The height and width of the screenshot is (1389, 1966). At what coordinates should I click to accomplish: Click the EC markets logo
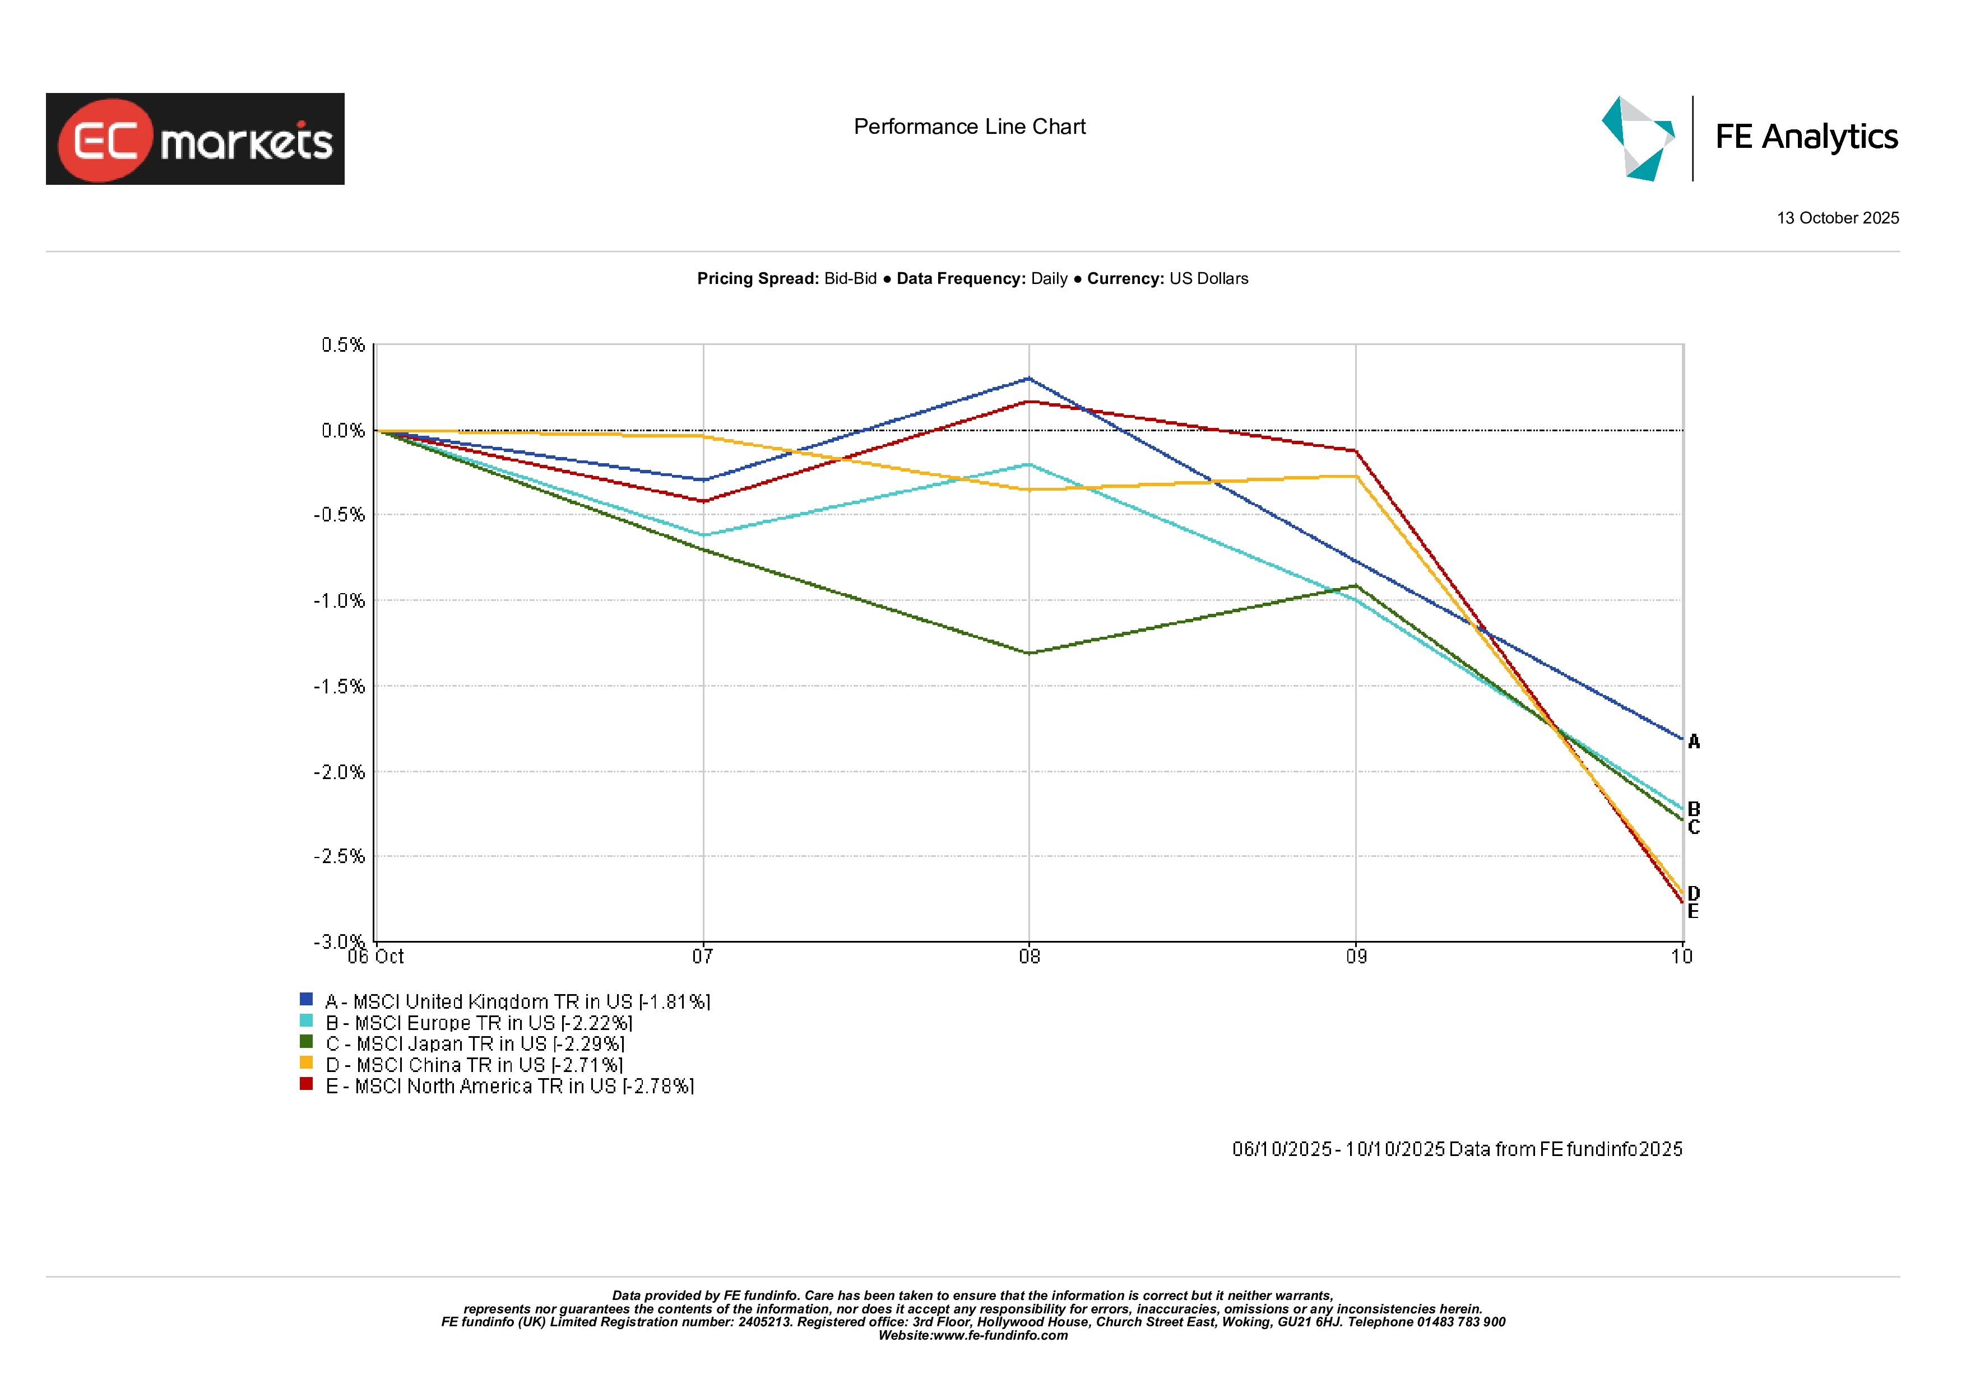pos(195,139)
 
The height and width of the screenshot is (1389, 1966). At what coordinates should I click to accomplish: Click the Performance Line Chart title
pos(970,127)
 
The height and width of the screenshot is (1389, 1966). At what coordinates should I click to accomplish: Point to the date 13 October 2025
pos(1838,218)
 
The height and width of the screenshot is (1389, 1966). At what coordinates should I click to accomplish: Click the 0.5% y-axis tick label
pos(342,345)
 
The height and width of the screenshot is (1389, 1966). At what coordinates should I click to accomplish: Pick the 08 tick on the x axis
pos(1030,957)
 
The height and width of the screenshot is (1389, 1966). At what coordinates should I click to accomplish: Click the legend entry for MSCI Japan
pos(475,1044)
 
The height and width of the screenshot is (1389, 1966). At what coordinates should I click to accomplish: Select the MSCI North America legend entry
pos(509,1086)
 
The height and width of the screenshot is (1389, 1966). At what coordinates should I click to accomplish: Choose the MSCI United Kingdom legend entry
pos(517,1001)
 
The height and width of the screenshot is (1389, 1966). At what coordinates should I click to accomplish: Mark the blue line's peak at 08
pos(1030,378)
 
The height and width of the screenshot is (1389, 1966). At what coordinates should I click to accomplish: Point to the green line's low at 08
pos(1030,653)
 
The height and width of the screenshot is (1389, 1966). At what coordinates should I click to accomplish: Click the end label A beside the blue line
pos(1694,742)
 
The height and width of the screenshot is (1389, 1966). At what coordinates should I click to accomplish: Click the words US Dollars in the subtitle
pos(1208,279)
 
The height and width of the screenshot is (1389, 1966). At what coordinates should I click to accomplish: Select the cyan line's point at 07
pos(703,535)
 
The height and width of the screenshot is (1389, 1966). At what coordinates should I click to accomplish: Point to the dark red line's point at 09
pos(1356,450)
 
